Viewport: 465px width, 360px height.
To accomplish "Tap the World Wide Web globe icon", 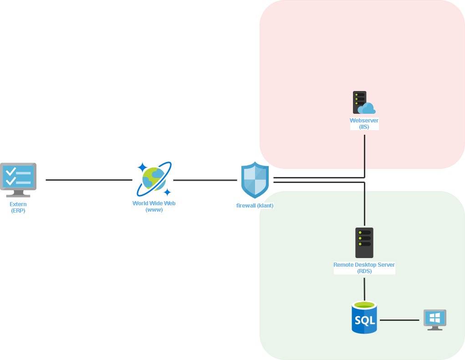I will pyautogui.click(x=154, y=179).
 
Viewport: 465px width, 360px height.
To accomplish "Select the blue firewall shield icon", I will pyautogui.click(x=255, y=180).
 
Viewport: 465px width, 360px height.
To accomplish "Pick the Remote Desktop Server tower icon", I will pyautogui.click(x=364, y=243).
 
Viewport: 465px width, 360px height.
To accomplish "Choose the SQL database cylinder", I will pyautogui.click(x=364, y=318).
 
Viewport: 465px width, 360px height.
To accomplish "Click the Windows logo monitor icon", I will pyautogui.click(x=434, y=319).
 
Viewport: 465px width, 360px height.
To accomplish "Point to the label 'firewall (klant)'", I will pyautogui.click(x=255, y=206).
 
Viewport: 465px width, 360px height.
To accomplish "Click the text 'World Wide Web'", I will pyautogui.click(x=154, y=203).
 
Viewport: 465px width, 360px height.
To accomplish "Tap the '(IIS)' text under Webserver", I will pyautogui.click(x=364, y=127).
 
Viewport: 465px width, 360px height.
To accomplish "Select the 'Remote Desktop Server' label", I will pyautogui.click(x=364, y=265).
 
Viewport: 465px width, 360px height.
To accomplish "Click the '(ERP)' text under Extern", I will pyautogui.click(x=18, y=211).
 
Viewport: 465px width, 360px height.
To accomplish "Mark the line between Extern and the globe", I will pyautogui.click(x=89, y=180).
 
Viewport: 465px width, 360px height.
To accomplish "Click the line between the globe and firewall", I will pyautogui.click(x=205, y=180).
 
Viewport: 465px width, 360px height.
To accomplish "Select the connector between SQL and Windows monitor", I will pyautogui.click(x=399, y=320).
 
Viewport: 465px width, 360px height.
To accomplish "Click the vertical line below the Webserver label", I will pyautogui.click(x=364, y=152).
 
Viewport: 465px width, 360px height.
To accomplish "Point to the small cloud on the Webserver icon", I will pyautogui.click(x=367, y=109).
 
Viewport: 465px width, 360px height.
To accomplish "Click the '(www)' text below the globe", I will pyautogui.click(x=154, y=210).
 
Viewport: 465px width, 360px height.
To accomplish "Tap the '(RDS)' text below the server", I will pyautogui.click(x=364, y=271).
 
